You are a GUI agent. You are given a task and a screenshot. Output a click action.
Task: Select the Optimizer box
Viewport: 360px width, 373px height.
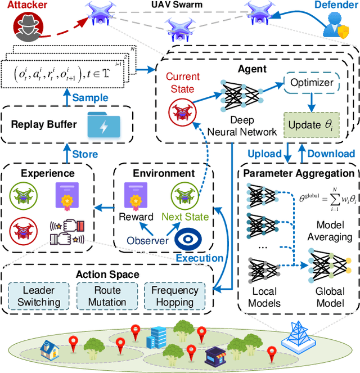pos(311,83)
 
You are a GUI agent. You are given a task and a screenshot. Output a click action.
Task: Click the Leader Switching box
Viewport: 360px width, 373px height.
pos(39,296)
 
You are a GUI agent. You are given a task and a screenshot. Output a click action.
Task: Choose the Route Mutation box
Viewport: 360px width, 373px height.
pos(107,296)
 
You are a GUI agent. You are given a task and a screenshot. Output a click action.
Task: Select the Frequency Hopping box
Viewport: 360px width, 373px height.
pos(175,296)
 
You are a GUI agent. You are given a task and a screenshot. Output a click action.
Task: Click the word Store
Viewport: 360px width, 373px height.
pos(85,154)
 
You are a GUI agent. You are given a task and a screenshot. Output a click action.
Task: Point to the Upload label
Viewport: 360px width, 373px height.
pos(265,154)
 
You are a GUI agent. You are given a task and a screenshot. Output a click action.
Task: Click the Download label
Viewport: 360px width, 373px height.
pos(330,154)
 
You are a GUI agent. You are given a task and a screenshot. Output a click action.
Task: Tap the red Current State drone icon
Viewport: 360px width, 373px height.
pos(181,113)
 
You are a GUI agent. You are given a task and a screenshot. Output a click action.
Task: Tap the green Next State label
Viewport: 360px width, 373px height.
pos(186,217)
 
